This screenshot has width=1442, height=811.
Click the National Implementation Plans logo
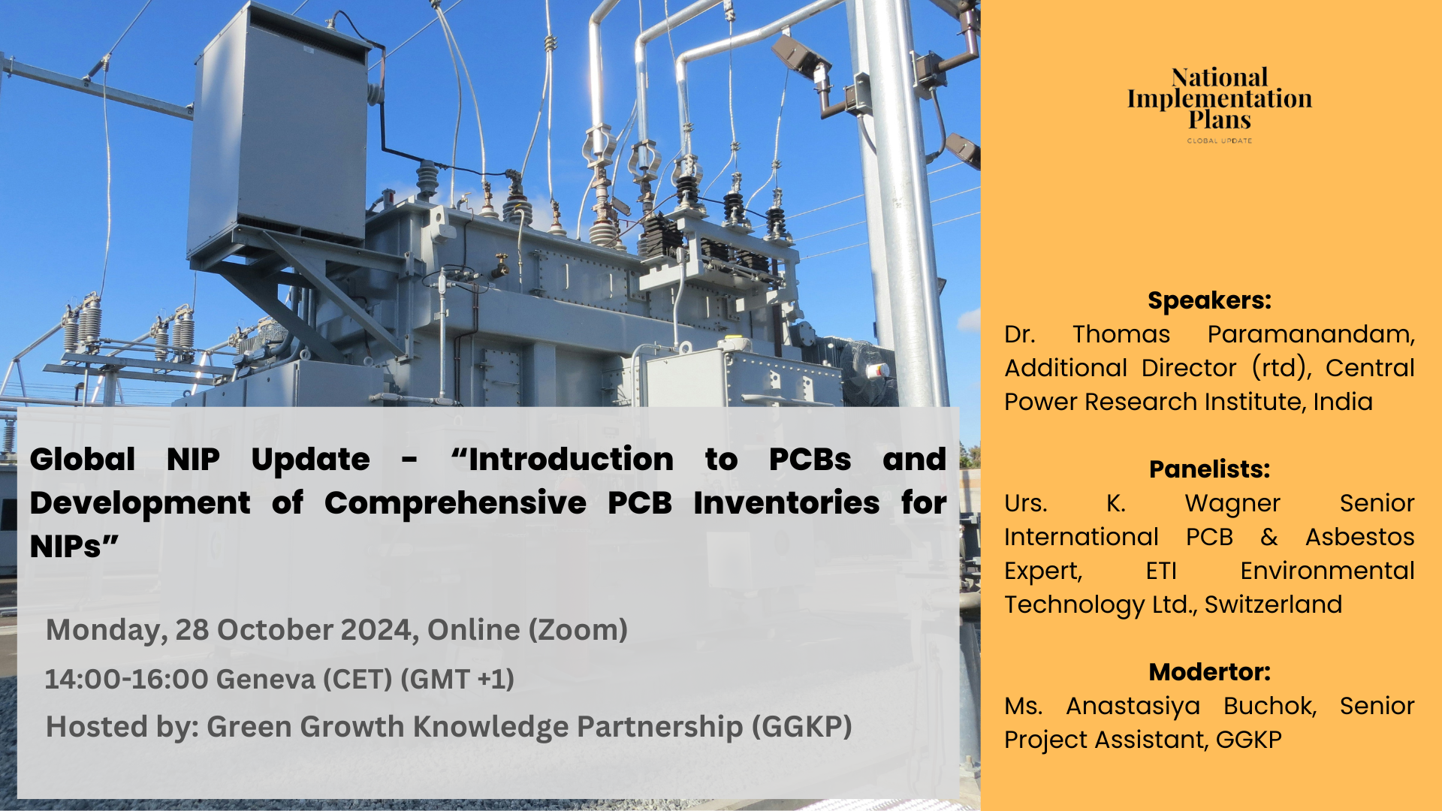[x=1220, y=104]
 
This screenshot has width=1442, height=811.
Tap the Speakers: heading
[x=1209, y=300]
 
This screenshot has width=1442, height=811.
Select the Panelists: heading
[x=1209, y=469]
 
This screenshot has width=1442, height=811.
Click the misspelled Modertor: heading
[x=1209, y=672]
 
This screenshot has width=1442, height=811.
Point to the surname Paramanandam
[x=1311, y=334]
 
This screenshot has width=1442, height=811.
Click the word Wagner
[x=1232, y=504]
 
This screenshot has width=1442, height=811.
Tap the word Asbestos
[x=1359, y=537]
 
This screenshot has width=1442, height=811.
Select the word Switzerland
[x=1273, y=604]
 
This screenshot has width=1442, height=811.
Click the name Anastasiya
[x=1133, y=707]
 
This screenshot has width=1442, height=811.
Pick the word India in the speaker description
[x=1343, y=402]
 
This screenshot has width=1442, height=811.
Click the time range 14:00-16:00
[x=126, y=680]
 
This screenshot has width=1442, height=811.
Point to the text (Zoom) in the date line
[x=578, y=630]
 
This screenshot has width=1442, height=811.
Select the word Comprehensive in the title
[x=455, y=503]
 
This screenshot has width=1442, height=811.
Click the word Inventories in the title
[x=786, y=502]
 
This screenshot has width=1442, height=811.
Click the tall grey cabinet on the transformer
[x=279, y=128]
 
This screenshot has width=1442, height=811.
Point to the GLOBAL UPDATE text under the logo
[x=1220, y=140]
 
